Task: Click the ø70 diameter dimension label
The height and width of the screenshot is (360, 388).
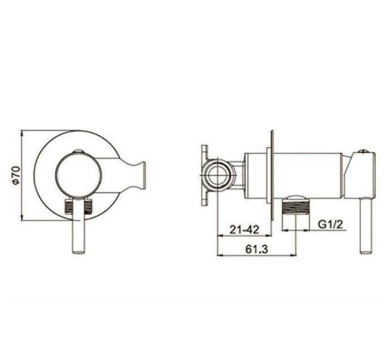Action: pos(16,175)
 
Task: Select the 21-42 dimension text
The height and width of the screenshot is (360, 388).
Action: pos(244,230)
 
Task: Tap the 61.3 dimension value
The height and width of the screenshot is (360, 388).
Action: pos(257,249)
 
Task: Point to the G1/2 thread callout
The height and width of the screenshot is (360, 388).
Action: pos(331,225)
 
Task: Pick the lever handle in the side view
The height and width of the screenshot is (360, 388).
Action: pos(366,225)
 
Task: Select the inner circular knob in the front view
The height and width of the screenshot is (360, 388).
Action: pos(78,176)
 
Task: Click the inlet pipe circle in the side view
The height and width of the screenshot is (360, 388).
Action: pos(218,176)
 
